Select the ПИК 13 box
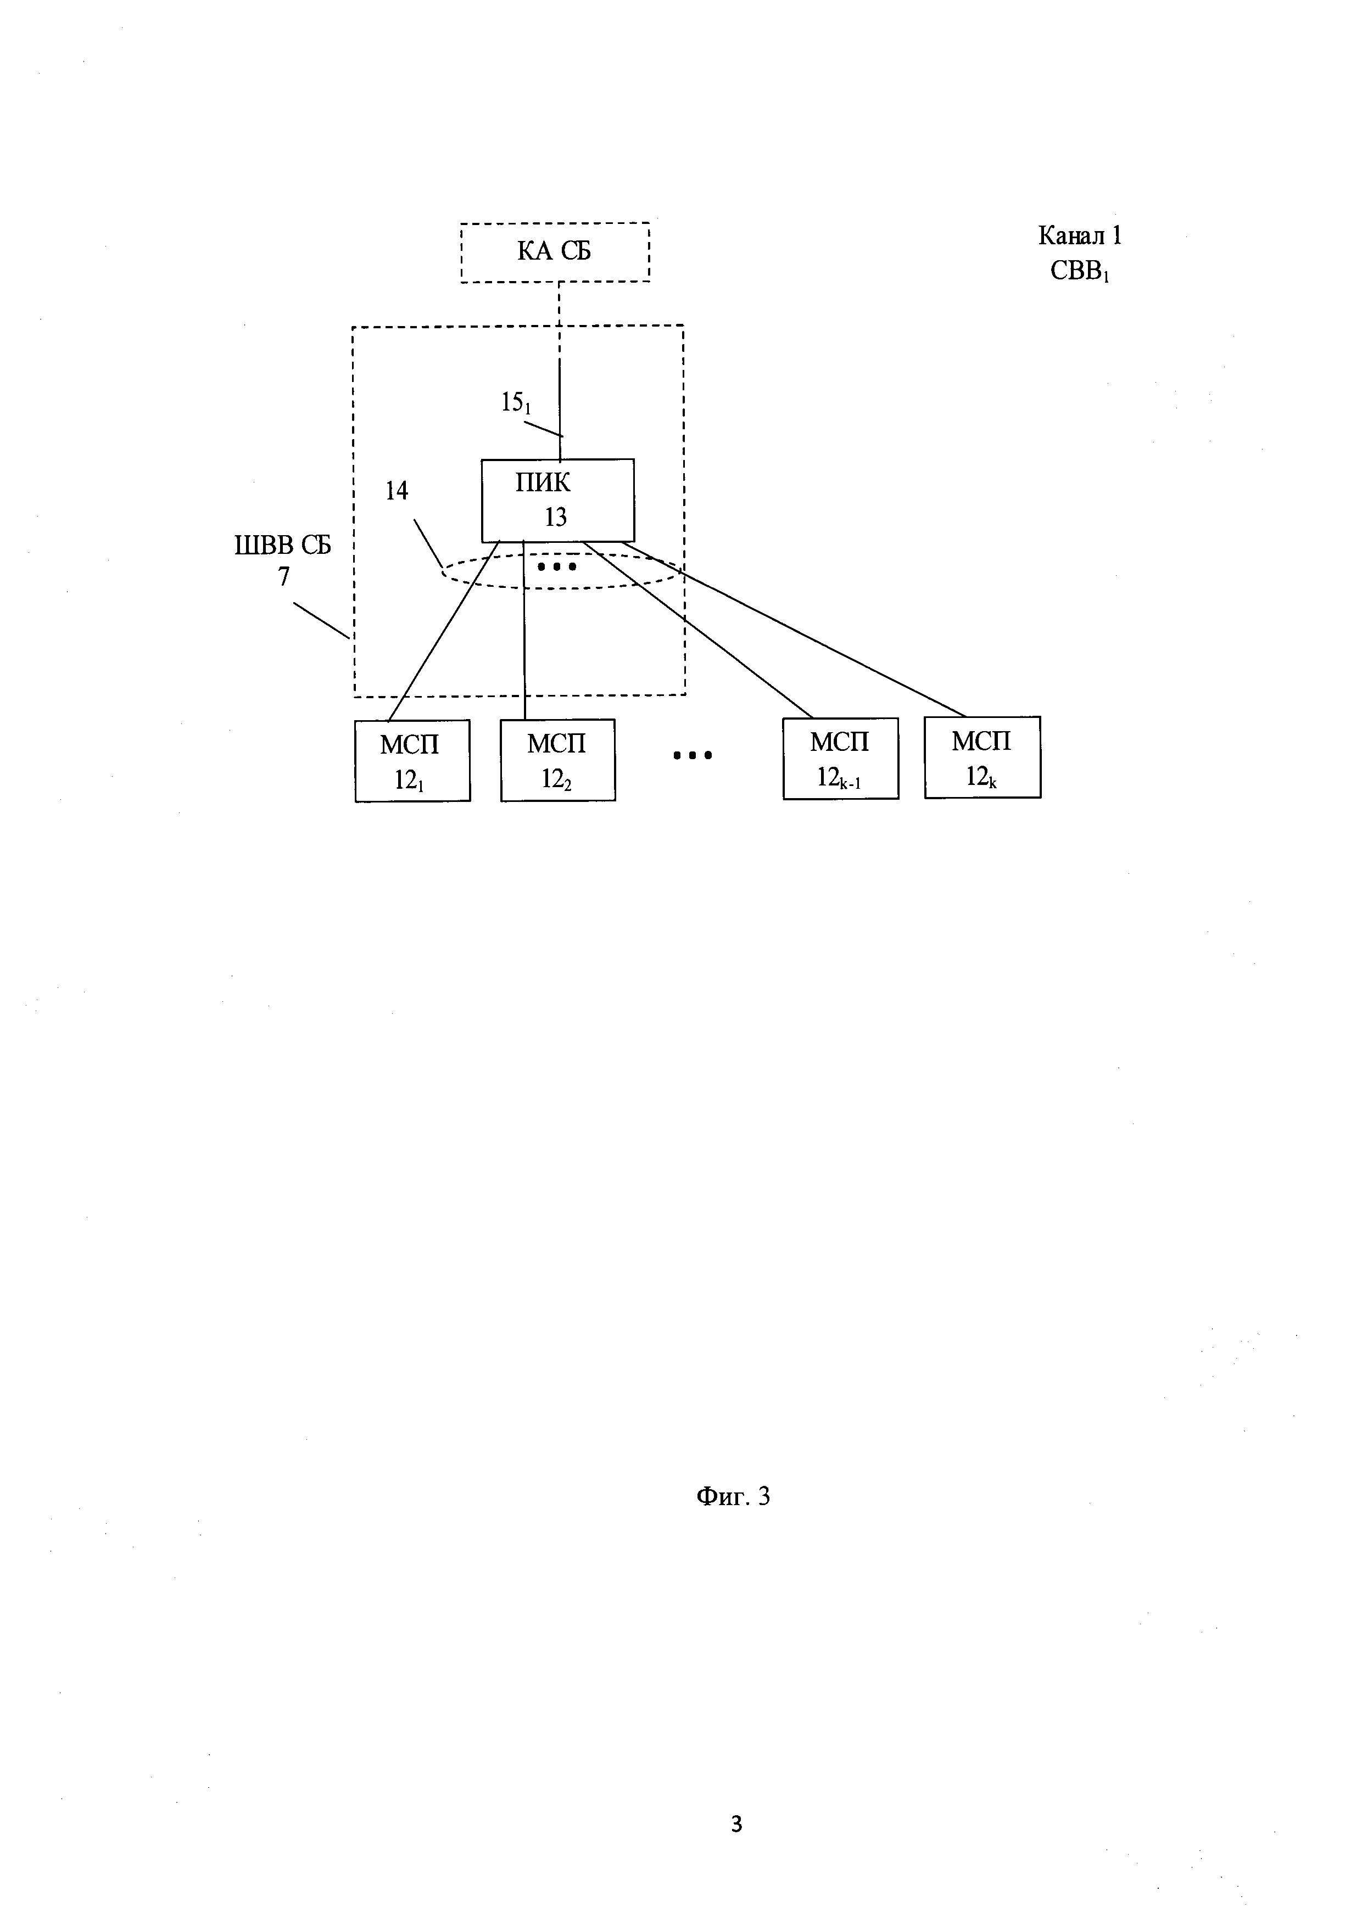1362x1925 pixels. tap(558, 501)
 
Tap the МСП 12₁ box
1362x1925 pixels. tap(412, 760)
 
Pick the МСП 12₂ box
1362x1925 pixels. tap(558, 760)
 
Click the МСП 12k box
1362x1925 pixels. tap(983, 757)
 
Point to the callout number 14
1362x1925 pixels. tap(397, 491)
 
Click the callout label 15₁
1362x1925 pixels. tap(516, 403)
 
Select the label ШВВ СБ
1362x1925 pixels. tap(283, 546)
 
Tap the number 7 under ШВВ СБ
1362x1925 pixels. tap(284, 577)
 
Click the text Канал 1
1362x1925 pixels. tap(1080, 235)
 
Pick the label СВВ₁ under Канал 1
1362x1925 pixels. tap(1080, 272)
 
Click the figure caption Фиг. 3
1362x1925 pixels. tap(733, 1496)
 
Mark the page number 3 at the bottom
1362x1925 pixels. tap(736, 1823)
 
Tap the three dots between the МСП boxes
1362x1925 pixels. tap(693, 755)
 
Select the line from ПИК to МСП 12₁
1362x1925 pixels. tap(444, 631)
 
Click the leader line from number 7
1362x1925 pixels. tap(321, 620)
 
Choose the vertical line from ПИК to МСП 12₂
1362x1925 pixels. tap(524, 631)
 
